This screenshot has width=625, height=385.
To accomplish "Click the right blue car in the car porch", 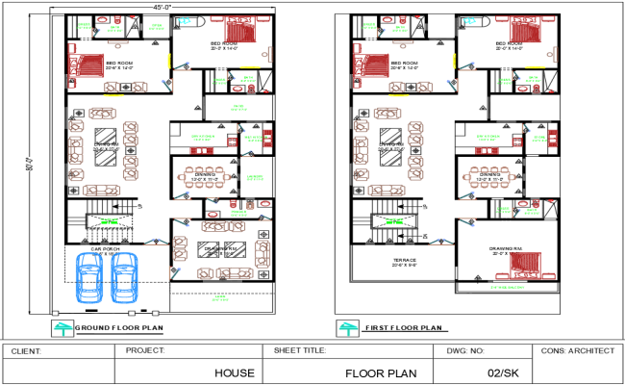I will click(123, 280).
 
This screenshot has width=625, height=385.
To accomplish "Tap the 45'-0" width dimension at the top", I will click(162, 8).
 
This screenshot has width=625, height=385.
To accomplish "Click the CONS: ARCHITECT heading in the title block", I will click(577, 351).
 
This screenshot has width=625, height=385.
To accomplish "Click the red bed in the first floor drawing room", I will click(528, 261).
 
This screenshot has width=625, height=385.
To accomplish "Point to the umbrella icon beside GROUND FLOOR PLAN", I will click(64, 329).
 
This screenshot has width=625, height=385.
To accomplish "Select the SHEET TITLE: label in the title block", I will click(300, 351).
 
